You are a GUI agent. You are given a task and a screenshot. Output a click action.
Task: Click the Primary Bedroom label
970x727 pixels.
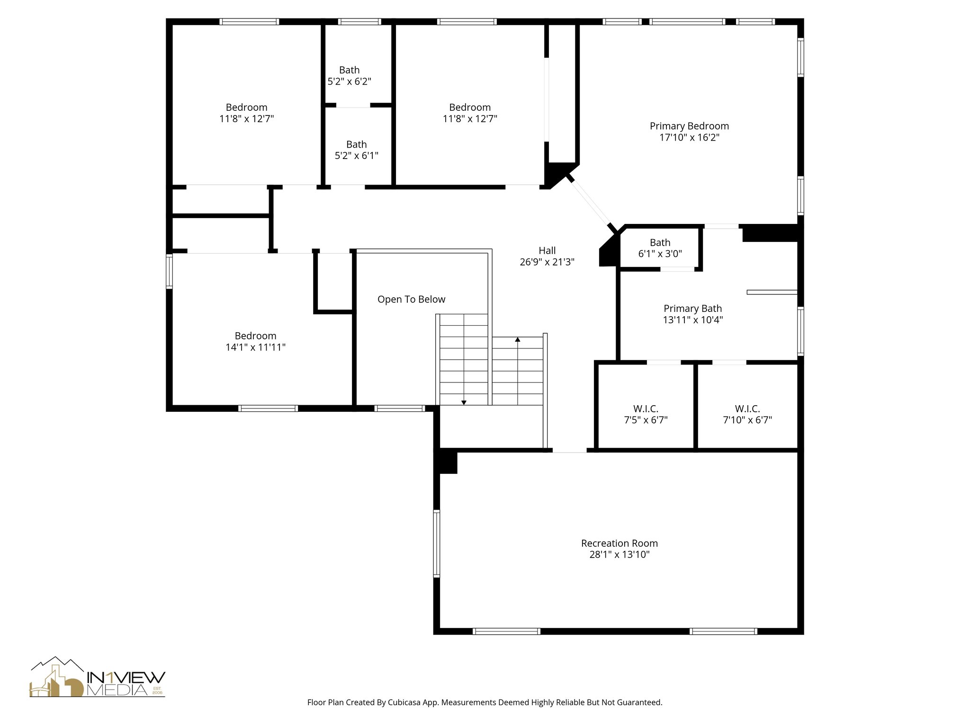[x=689, y=126]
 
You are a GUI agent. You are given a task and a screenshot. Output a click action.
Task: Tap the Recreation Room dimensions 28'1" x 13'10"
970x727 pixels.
[x=619, y=555]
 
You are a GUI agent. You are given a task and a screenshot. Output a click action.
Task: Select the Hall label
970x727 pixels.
[x=547, y=250]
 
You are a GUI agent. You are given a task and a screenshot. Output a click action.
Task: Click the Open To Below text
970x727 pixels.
[x=411, y=299]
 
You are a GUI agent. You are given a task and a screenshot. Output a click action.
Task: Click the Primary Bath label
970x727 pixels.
[x=692, y=309]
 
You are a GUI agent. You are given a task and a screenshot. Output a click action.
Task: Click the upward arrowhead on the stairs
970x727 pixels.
[x=518, y=339]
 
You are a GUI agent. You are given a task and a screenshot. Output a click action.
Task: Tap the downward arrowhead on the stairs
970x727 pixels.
[x=464, y=402]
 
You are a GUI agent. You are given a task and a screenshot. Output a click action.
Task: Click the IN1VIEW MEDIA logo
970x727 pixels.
[x=98, y=678]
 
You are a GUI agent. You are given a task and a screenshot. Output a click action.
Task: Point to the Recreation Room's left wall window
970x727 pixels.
[x=437, y=543]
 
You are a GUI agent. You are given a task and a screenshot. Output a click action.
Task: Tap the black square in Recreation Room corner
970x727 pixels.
[x=446, y=462]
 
